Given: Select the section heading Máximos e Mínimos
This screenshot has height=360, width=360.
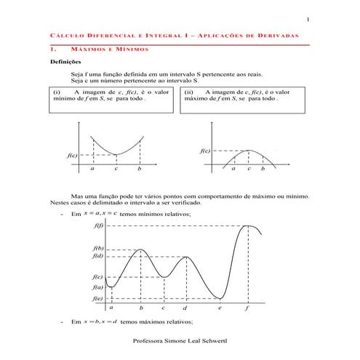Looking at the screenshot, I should tap(109, 49).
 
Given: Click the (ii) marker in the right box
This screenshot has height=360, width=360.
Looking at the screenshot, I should tap(188, 92).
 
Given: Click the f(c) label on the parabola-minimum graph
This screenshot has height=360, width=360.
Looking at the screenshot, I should tap(71, 156).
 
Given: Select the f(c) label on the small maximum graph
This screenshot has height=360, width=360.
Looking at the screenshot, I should tap(204, 151).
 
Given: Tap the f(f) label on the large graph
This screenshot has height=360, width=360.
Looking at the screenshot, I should tap(98, 225).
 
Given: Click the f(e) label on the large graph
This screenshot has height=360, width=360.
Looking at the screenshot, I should tap(98, 298).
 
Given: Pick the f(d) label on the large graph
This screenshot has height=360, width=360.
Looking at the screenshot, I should tap(98, 256).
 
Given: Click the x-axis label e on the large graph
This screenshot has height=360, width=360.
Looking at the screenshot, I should tap(220, 308).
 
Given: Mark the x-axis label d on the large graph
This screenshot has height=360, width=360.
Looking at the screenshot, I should tap(186, 308).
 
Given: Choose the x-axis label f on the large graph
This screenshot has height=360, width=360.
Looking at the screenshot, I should tap(247, 308).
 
